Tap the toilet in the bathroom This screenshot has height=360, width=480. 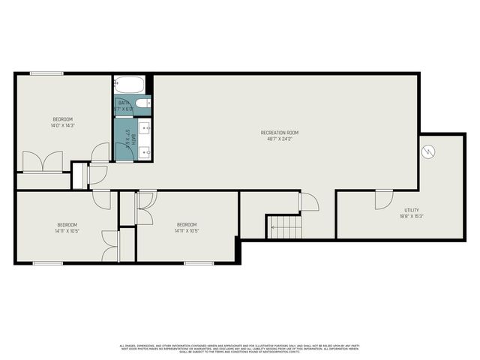[145, 103]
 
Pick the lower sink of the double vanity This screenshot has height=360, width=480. [145, 152]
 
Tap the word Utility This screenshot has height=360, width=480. [412, 210]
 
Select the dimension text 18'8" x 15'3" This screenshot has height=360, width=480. [412, 216]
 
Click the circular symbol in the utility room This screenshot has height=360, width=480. [428, 151]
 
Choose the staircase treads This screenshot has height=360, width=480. [285, 226]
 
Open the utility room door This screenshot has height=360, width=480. [383, 199]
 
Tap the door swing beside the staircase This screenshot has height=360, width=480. [308, 201]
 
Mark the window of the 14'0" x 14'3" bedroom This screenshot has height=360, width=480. [40, 73]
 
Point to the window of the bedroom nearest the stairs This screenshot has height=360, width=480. [199, 262]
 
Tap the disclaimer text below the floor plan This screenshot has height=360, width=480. [240, 348]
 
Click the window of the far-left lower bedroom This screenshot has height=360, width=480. [47, 262]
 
